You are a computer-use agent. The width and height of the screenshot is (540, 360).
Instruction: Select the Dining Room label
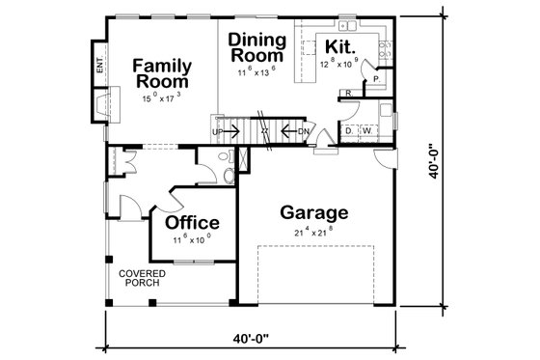click(x=256, y=47)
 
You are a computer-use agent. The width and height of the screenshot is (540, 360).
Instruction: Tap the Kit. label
click(x=338, y=46)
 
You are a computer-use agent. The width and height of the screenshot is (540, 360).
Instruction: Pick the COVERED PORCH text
click(x=142, y=279)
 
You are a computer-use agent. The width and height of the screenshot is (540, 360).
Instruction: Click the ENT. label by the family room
click(x=99, y=67)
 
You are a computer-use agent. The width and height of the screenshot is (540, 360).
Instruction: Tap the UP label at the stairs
click(x=218, y=131)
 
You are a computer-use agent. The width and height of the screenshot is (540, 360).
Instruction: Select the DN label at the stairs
click(x=303, y=131)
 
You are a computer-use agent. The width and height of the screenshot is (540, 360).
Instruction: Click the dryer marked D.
click(x=349, y=130)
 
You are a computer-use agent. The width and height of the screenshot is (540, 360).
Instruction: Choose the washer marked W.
click(x=367, y=130)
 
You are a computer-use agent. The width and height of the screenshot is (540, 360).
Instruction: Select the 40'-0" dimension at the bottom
click(x=250, y=339)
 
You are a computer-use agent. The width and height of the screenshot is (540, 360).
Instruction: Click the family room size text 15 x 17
click(x=161, y=97)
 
